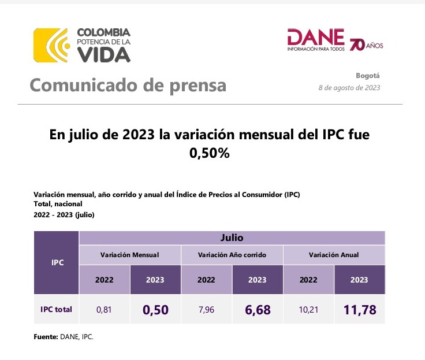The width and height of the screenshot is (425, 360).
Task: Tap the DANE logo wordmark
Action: pyautogui.click(x=316, y=39)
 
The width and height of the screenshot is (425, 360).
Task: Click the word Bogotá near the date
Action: pyautogui.click(x=368, y=76)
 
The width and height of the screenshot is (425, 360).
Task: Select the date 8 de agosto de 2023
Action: pyautogui.click(x=349, y=88)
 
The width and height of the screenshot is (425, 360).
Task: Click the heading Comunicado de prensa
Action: pyautogui.click(x=128, y=86)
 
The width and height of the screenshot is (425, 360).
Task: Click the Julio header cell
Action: pyautogui.click(x=231, y=237)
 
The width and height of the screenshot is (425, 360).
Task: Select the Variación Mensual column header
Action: pyautogui.click(x=129, y=255)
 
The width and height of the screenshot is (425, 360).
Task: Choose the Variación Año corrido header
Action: pyautogui.click(x=232, y=255)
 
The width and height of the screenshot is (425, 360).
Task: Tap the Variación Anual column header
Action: pyautogui.click(x=334, y=255)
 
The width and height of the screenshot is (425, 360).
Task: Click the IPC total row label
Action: pyautogui.click(x=56, y=309)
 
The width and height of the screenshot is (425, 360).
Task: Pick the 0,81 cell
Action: pyautogui.click(x=104, y=310)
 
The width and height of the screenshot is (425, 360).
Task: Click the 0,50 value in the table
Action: pyautogui.click(x=155, y=310)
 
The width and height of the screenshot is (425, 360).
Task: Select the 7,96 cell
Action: pyautogui.click(x=206, y=310)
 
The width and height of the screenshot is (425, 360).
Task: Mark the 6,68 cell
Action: pyautogui.click(x=258, y=310)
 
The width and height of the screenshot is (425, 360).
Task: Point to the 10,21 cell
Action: pyautogui.click(x=308, y=310)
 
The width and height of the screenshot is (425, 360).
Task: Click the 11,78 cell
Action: pyautogui.click(x=359, y=310)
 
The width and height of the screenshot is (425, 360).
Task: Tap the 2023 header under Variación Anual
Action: pyautogui.click(x=359, y=280)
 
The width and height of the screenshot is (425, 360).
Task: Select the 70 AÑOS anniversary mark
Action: pyautogui.click(x=366, y=44)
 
